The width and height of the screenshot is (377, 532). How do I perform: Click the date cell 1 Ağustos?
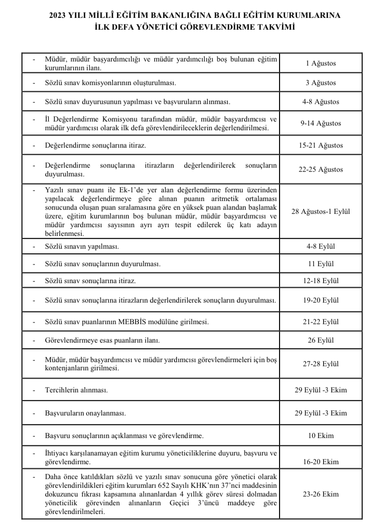point(321,64)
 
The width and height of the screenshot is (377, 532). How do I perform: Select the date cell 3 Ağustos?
point(321,83)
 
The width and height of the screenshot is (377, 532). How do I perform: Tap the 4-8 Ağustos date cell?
point(321,102)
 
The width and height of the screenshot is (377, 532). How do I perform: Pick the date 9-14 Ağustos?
point(321,123)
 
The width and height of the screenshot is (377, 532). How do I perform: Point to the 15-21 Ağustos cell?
point(321,146)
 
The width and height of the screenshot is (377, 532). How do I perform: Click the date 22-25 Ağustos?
point(321,169)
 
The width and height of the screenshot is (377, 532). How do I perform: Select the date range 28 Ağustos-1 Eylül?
point(321,211)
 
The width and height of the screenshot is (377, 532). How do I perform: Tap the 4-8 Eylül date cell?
point(321,246)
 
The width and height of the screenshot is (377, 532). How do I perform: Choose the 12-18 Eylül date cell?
point(321,281)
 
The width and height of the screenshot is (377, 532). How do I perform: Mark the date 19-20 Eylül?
point(321,300)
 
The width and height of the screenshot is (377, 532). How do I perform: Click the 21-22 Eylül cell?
point(321,322)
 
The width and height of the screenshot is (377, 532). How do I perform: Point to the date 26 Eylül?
point(321,341)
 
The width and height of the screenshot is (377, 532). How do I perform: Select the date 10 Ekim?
point(321,436)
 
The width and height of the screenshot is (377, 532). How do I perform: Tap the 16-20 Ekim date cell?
point(321,462)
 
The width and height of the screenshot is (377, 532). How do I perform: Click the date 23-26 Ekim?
point(321,494)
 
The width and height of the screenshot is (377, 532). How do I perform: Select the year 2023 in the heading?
point(58,15)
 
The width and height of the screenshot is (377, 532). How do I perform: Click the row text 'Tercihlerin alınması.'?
point(76,390)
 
